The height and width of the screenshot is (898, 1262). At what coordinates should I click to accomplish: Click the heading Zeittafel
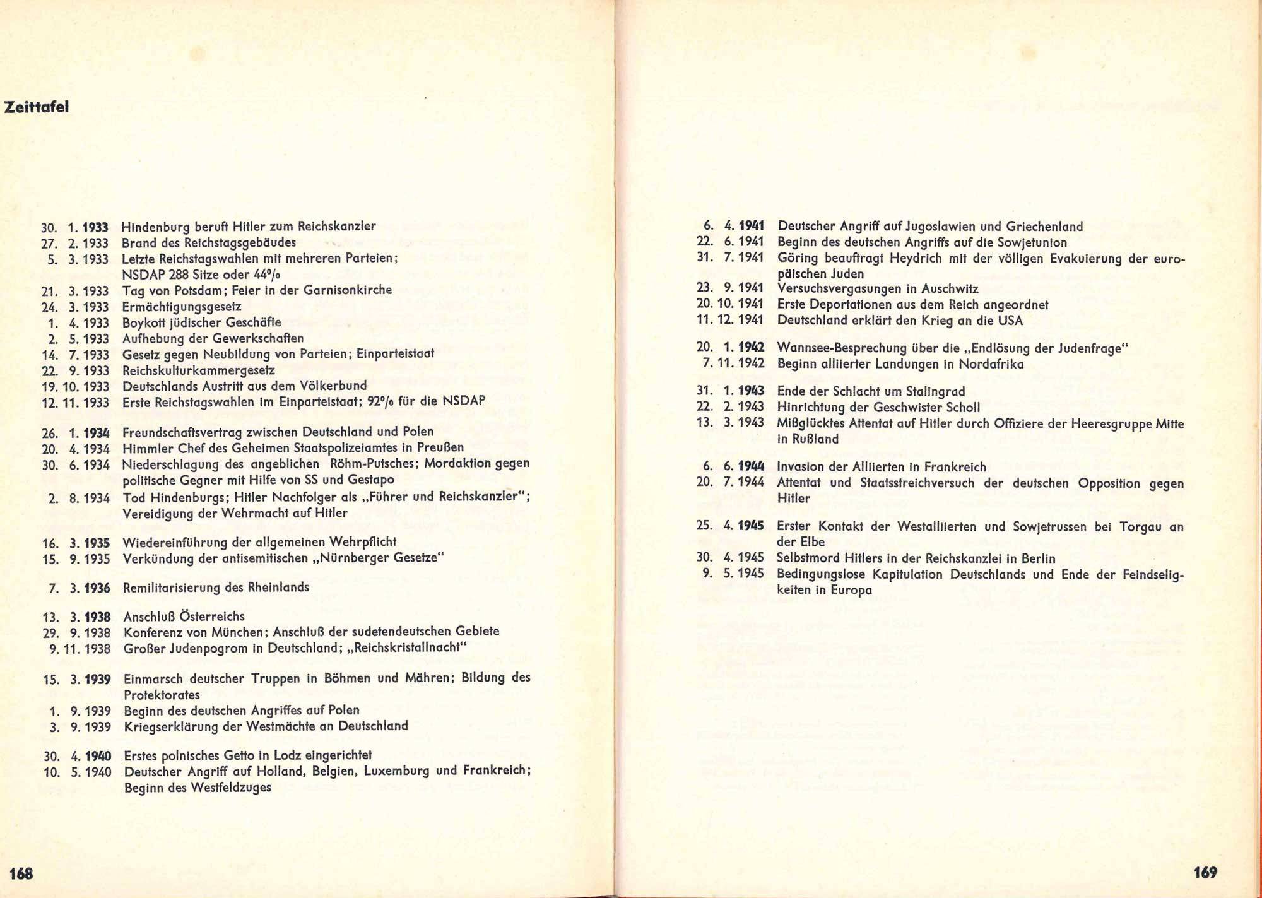click(x=36, y=107)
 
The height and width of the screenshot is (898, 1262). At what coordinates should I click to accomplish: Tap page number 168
click(x=21, y=873)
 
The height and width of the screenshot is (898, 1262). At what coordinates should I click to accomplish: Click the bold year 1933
click(x=95, y=227)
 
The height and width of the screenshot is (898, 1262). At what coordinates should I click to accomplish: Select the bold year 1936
click(x=97, y=588)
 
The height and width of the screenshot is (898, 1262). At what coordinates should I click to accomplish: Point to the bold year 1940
click(x=98, y=756)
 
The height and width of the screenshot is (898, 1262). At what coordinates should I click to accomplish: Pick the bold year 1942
click(x=751, y=348)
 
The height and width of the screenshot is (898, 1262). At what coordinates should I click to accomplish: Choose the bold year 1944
click(x=751, y=467)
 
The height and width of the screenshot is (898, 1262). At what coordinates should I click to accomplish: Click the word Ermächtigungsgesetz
click(x=182, y=307)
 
